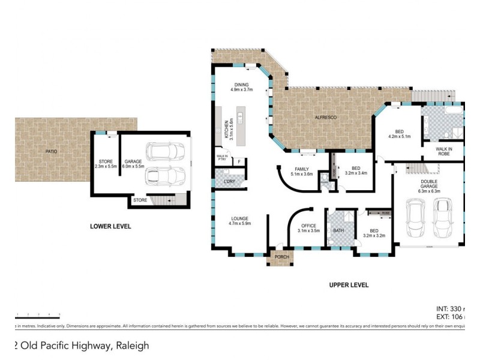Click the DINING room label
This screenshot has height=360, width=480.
coord(242,87)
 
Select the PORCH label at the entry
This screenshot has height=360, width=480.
coord(281,257)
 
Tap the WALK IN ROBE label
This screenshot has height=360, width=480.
coord(445,151)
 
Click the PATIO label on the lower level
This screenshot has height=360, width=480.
coord(52,151)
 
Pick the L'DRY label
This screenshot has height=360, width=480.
coord(228,181)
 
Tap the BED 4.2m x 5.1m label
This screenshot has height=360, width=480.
coord(398,134)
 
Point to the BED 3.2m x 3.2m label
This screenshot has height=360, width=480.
coord(373,233)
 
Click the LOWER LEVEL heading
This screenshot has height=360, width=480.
coord(110,227)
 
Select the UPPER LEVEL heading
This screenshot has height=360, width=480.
coord(349,285)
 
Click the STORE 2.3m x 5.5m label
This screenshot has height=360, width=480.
coord(106,164)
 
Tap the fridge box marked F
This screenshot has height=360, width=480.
coord(239,161)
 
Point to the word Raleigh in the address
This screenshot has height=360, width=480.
coord(132,346)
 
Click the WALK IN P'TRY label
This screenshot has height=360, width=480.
coord(221,159)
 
